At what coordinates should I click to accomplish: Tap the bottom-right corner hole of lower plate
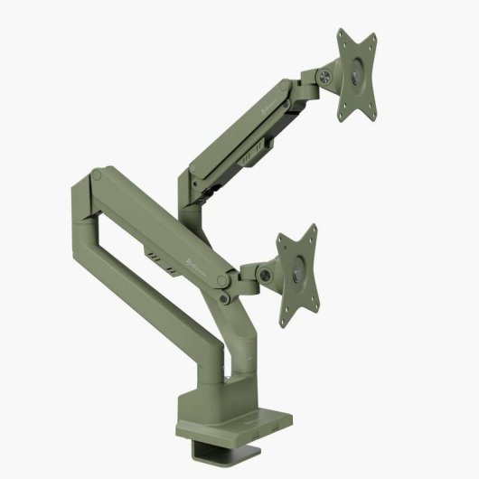(324, 306)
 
